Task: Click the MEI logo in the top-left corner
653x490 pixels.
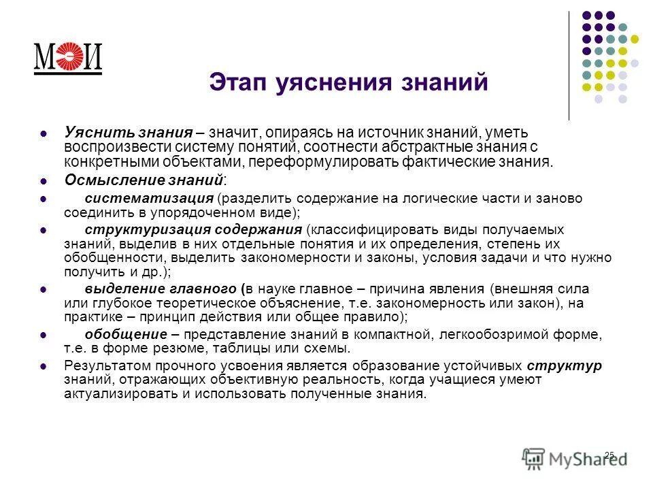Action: (x=67, y=58)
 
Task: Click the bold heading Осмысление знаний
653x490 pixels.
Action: (x=144, y=180)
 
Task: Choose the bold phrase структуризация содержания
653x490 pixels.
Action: (x=193, y=229)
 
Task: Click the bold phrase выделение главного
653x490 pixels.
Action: (x=161, y=288)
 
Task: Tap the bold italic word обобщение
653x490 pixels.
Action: (x=126, y=334)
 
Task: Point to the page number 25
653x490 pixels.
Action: (x=609, y=455)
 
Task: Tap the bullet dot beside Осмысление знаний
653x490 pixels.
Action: (x=44, y=181)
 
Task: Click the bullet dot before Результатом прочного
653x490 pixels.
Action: (x=44, y=366)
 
